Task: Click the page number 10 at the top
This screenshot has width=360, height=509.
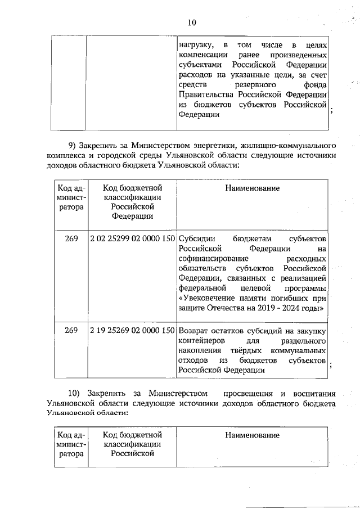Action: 192,22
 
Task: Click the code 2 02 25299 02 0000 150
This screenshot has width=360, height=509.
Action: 132,238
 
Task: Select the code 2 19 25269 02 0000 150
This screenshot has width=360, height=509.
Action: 132,331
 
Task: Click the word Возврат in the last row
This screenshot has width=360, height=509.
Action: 195,331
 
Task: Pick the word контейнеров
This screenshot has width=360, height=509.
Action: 201,341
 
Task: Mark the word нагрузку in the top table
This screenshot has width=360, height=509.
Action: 195,44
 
